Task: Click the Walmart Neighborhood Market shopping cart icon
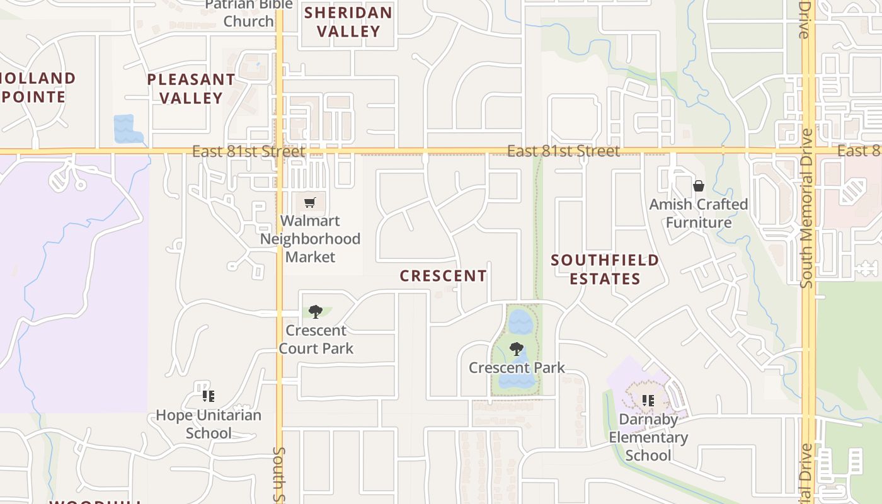[309, 203]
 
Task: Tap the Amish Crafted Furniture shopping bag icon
[698, 186]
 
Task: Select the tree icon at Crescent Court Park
[316, 311]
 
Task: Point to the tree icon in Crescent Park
[517, 348]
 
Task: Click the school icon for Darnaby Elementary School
[648, 400]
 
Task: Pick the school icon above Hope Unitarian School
[208, 396]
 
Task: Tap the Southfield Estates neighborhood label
[605, 269]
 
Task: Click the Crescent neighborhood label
[443, 276]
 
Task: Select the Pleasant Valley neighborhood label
[191, 89]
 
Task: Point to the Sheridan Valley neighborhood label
[348, 21]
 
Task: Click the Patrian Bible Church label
[249, 14]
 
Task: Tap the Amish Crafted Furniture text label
[699, 214]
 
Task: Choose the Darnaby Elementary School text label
[648, 437]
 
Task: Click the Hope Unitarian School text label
[208, 424]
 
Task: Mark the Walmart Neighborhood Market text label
[311, 239]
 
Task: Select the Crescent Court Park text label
[316, 340]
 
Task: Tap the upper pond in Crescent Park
[521, 321]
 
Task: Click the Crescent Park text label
[517, 368]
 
